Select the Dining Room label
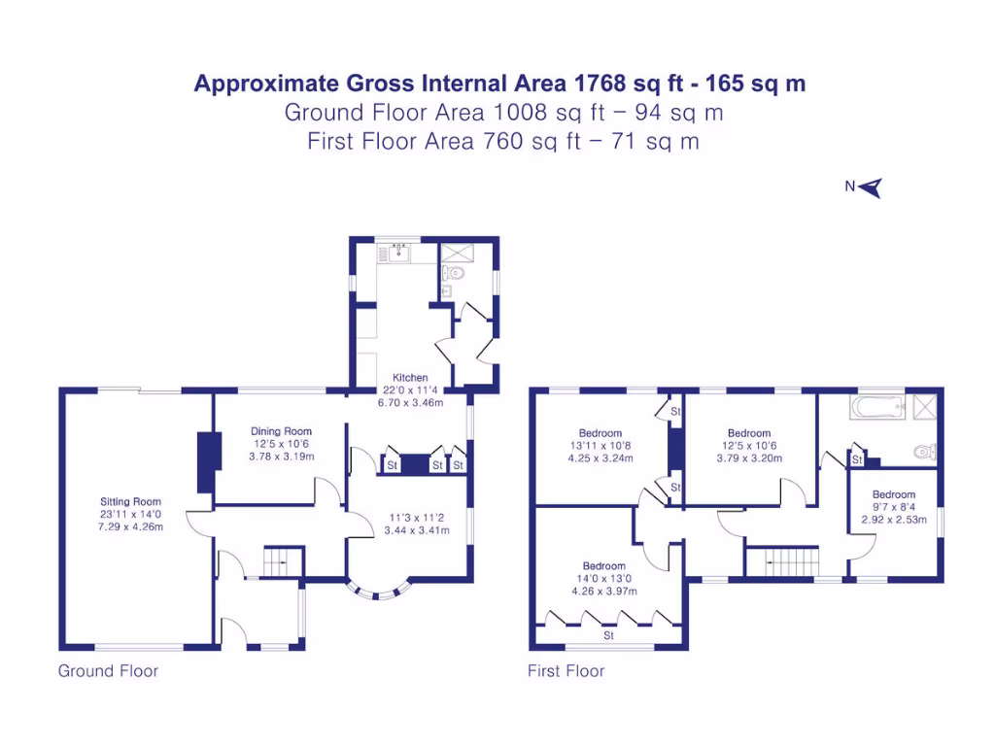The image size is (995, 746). pyautogui.click(x=281, y=431)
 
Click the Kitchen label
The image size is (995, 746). pyautogui.click(x=409, y=378)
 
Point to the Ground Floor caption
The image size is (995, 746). pyautogui.click(x=108, y=671)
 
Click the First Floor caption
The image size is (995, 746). pyautogui.click(x=566, y=671)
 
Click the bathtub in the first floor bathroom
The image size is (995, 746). pyautogui.click(x=877, y=406)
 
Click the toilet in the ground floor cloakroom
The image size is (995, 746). pyautogui.click(x=455, y=274)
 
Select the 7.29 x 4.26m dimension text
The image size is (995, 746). pyautogui.click(x=130, y=527)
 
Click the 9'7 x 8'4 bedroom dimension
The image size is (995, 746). pyautogui.click(x=893, y=507)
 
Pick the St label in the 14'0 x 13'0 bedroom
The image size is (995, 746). pyautogui.click(x=609, y=636)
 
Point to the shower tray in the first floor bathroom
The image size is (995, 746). pyautogui.click(x=921, y=406)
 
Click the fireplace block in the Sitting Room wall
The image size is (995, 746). pyautogui.click(x=205, y=462)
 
